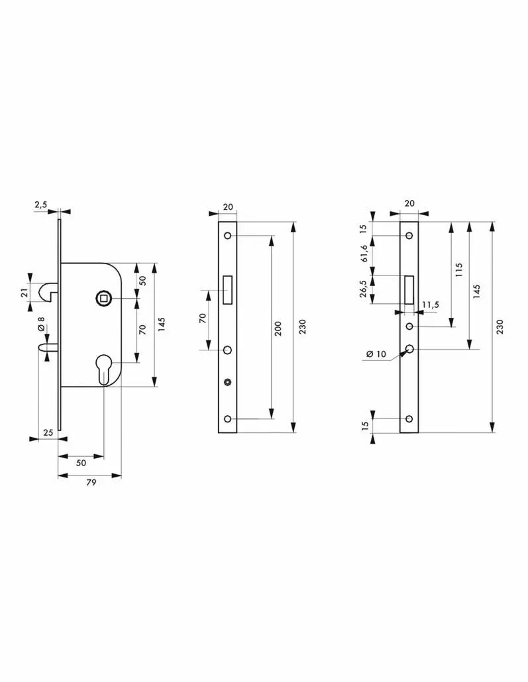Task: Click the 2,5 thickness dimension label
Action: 40,205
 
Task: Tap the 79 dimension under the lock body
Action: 91,482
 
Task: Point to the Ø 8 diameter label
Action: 41,324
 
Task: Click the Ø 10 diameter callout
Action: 376,354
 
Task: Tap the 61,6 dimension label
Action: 364,254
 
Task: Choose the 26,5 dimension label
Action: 364,288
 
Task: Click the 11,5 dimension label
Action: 430,304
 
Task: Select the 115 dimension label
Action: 458,269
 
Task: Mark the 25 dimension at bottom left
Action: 48,432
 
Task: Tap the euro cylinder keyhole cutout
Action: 105,369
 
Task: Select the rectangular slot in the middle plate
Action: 227,290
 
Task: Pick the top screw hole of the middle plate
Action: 227,236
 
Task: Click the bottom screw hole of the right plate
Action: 409,419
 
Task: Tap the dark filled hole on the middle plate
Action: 227,382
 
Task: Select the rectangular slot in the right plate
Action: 409,289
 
